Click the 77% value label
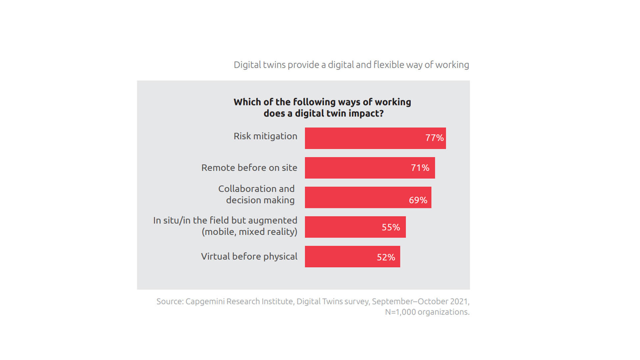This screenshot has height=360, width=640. click(434, 138)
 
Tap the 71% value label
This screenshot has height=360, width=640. click(420, 168)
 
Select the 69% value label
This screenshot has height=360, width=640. click(418, 200)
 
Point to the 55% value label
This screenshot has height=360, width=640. click(390, 227)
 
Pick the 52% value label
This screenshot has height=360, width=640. click(386, 257)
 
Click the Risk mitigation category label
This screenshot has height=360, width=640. click(265, 136)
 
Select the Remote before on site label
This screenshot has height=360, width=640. click(249, 168)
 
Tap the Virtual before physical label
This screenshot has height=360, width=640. click(249, 256)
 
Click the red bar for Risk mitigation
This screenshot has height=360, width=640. click(363, 138)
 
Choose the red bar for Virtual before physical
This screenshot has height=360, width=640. click(340, 257)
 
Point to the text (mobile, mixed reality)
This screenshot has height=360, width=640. click(249, 232)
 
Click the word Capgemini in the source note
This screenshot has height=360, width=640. click(206, 301)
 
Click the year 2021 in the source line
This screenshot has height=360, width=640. click(459, 301)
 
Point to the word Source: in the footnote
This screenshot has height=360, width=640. click(170, 301)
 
